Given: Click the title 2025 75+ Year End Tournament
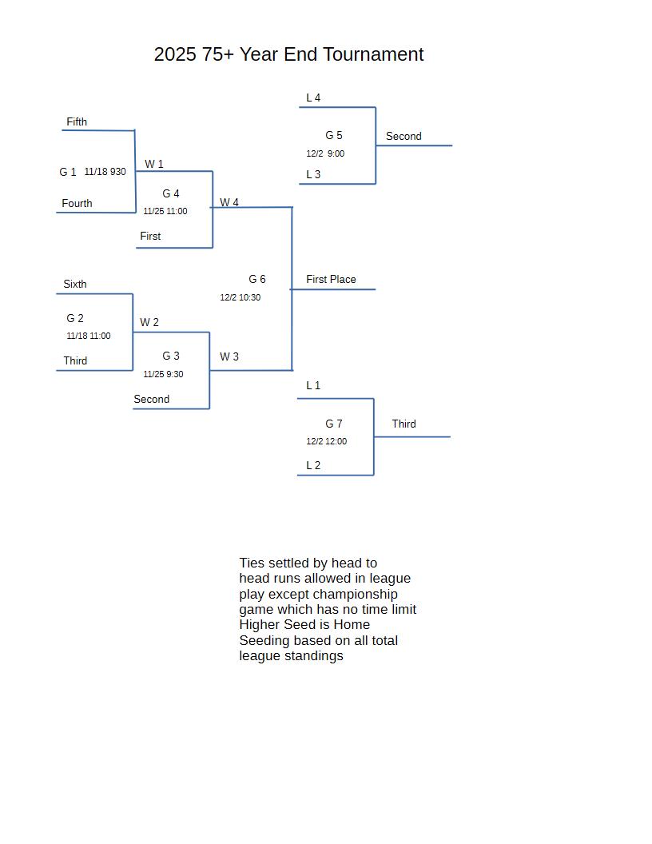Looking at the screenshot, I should tap(288, 54).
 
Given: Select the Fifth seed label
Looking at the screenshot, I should tap(77, 121).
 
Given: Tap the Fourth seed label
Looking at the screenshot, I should tap(77, 203).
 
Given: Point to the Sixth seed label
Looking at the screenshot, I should tap(75, 284).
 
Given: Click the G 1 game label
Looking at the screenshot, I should tap(68, 172).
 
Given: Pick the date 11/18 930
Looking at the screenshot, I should tap(105, 172).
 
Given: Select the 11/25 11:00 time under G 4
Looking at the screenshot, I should tap(165, 211).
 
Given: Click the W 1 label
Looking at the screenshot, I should tap(154, 164).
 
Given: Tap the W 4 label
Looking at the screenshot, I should tap(229, 202).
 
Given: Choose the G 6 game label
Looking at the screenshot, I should tap(257, 279).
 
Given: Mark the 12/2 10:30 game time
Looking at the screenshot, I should tap(241, 297).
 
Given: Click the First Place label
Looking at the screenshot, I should tap(331, 279).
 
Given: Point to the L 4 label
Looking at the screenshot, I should tap(313, 98).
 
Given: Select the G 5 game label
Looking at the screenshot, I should tap(334, 135).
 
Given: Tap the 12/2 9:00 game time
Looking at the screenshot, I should tap(325, 153).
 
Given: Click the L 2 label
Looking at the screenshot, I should tap(313, 465).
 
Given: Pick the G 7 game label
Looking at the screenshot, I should tap(334, 424).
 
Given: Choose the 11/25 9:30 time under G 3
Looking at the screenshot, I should tap(163, 374).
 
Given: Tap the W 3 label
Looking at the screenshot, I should tap(229, 356).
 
